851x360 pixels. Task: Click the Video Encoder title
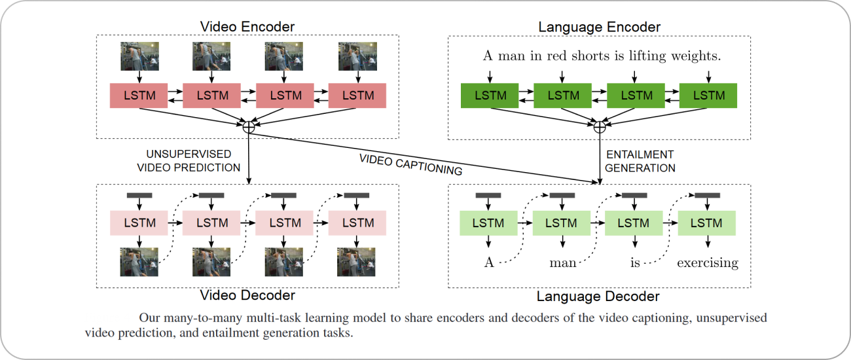coord(247,27)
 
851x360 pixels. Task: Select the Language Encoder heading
coord(599,27)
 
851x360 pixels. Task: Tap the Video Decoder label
coord(247,295)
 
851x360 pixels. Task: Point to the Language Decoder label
coord(598,297)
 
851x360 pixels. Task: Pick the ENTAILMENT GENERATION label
coord(639,161)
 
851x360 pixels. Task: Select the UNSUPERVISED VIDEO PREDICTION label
coord(189,160)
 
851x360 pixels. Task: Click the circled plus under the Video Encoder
coord(249,127)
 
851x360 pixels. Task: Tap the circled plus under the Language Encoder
coord(599,127)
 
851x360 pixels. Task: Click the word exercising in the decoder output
coord(707,263)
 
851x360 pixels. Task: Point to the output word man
coord(562,263)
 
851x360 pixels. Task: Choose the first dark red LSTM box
coord(139,96)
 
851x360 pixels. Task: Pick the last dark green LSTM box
coord(708,96)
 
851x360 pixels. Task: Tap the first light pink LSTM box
coord(139,223)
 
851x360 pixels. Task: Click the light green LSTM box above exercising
coord(707,223)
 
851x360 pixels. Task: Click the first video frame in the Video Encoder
coord(139,56)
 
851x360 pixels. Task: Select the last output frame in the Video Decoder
coord(356,262)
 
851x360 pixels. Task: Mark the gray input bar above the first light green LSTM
coord(488,195)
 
